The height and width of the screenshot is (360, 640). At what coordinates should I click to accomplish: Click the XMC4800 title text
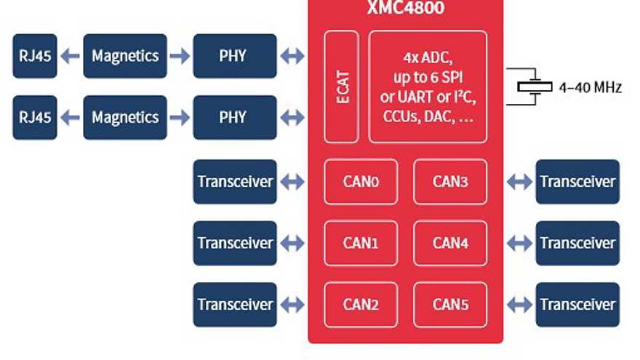coord(406,9)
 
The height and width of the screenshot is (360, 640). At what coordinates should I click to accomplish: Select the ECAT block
coord(342,87)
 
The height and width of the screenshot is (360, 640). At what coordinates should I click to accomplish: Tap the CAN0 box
coord(361,182)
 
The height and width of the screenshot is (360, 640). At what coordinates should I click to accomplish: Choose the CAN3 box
coord(450,182)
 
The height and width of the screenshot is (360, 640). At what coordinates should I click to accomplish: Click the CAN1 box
coord(361,243)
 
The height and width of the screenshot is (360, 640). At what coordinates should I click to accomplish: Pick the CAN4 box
coord(450,243)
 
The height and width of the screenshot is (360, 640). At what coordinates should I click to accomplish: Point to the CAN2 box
coord(361,305)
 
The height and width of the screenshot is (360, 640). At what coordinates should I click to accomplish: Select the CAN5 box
coord(450,305)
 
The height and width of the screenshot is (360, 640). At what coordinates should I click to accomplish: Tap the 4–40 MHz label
coord(590,87)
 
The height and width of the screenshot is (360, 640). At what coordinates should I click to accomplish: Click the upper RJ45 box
coord(34,56)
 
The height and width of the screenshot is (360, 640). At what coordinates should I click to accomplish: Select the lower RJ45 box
coord(34,117)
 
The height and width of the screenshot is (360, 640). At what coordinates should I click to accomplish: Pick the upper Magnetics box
coord(125,56)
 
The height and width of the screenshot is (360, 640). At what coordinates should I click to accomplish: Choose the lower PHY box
coord(234,117)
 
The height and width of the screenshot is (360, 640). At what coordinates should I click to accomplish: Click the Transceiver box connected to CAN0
coord(235,182)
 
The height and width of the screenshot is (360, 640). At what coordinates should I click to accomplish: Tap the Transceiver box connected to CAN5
coord(577,305)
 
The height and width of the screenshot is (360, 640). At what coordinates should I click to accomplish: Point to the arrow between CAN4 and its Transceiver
coord(519,243)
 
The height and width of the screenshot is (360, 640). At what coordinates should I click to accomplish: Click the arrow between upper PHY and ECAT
coord(292,56)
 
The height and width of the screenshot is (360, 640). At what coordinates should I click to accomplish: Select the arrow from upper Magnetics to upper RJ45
coord(70,56)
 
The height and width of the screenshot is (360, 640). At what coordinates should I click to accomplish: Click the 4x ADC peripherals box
coord(428,87)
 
